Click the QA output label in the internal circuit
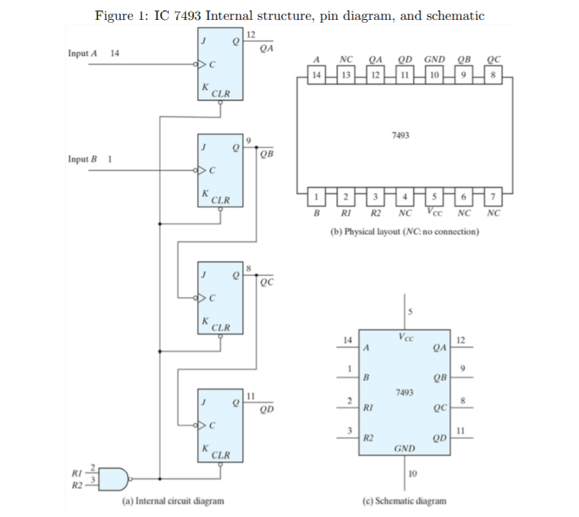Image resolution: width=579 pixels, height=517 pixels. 267,47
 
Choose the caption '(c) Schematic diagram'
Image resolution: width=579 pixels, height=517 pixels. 404,501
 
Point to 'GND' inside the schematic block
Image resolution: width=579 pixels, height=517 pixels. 405,449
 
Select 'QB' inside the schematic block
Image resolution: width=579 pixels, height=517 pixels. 441,377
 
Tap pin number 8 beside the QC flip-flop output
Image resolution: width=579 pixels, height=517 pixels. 249,267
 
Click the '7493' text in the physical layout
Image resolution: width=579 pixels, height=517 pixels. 402,136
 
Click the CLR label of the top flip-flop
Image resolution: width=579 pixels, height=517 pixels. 220,92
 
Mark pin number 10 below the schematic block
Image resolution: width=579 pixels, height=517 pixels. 412,472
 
